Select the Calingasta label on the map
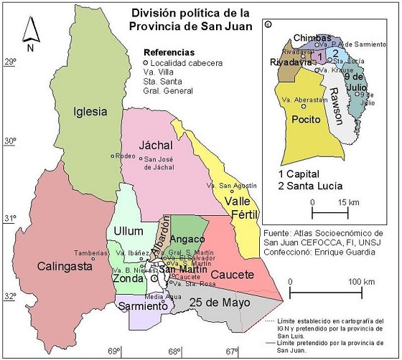click(x=61, y=267)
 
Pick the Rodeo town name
click(x=126, y=156)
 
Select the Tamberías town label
click(x=93, y=252)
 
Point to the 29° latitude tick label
click(x=10, y=63)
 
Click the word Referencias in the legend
click(x=169, y=52)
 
